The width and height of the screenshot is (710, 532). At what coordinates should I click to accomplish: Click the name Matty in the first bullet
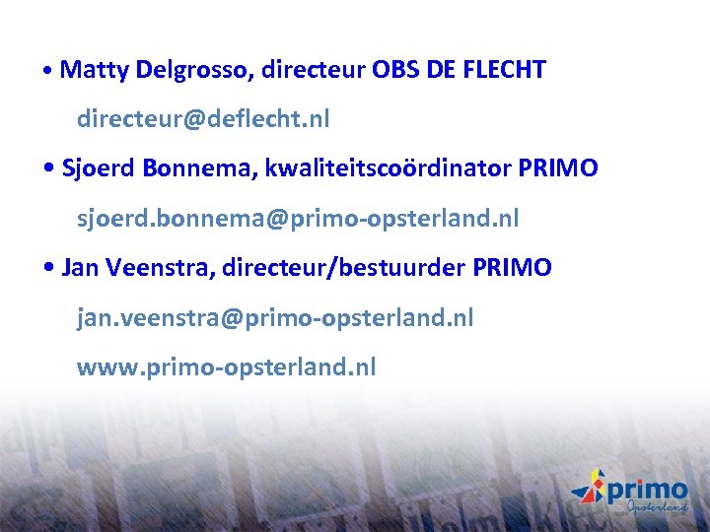point(92,70)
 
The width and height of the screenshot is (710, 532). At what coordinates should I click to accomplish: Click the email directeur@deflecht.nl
point(203,120)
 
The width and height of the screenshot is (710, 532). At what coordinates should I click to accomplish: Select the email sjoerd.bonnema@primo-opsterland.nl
point(298,218)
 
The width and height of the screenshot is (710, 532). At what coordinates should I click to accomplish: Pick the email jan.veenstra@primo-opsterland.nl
point(275,318)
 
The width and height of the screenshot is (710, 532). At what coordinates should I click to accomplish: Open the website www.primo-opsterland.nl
point(227,367)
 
